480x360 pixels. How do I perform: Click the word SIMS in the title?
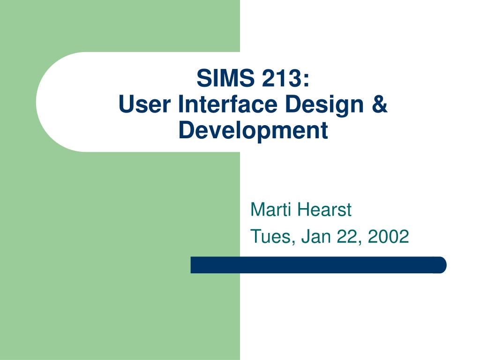pyautogui.click(x=225, y=78)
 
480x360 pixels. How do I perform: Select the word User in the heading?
pyautogui.click(x=144, y=104)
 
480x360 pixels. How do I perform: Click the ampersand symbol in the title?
pyautogui.click(x=380, y=104)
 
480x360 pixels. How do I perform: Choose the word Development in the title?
pyautogui.click(x=253, y=130)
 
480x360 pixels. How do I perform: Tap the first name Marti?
pyautogui.click(x=270, y=210)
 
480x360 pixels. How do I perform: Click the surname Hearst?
pyautogui.click(x=324, y=210)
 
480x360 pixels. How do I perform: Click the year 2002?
pyautogui.click(x=389, y=236)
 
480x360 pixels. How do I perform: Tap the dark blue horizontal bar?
pyautogui.click(x=318, y=265)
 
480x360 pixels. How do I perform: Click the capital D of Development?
pyautogui.click(x=187, y=130)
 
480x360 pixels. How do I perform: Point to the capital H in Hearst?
pyautogui.click(x=304, y=210)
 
